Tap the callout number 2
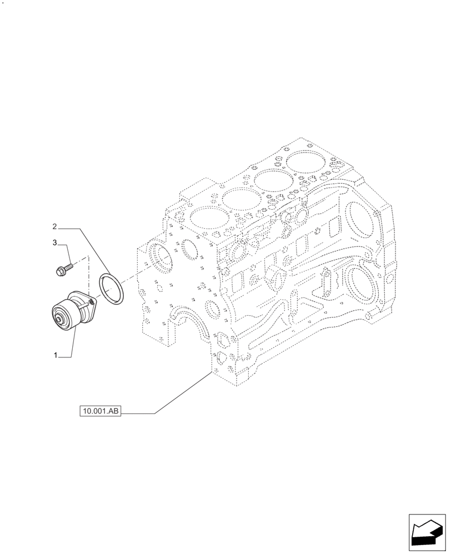pyautogui.click(x=55, y=226)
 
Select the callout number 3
pyautogui.click(x=55, y=243)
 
